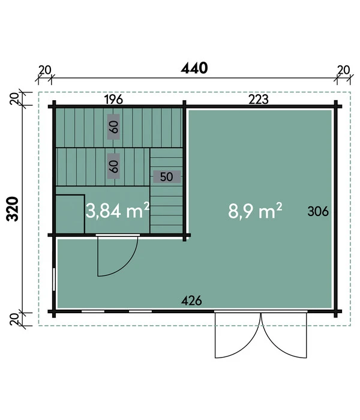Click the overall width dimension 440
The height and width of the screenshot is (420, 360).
tap(194, 68)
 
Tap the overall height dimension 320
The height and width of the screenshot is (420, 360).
tap(13, 209)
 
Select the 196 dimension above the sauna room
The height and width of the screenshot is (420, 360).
tap(113, 100)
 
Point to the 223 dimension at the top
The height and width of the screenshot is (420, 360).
tap(259, 100)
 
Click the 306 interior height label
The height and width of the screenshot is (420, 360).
tap(318, 211)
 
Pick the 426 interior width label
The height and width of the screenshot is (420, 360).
tap(191, 301)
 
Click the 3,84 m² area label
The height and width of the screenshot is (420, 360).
tap(118, 211)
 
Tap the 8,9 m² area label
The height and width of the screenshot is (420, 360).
tap(255, 211)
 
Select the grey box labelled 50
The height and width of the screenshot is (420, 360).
tap(167, 177)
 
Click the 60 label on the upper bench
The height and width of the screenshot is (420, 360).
tap(113, 127)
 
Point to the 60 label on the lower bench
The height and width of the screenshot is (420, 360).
tap(113, 166)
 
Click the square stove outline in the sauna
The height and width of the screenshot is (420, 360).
tap(70, 214)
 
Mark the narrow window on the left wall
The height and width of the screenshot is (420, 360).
tap(54, 279)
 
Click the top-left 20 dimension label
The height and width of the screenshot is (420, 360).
tap(45, 70)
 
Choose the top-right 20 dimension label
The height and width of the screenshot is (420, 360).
tap(344, 70)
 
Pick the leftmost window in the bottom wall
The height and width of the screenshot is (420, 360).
tap(93, 311)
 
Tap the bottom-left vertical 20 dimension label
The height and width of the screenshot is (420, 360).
tap(14, 319)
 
